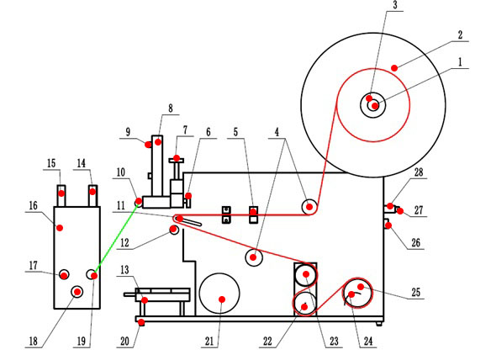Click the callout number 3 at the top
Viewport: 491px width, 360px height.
(395, 5)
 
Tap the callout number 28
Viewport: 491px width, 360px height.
(419, 172)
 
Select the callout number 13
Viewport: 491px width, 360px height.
(124, 270)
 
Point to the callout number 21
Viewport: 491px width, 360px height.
(209, 341)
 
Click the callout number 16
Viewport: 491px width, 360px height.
(33, 205)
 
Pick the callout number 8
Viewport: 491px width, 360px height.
(171, 109)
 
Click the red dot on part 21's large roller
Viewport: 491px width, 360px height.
(222, 299)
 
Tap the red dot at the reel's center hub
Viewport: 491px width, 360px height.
(375, 106)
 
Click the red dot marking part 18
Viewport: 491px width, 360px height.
(77, 293)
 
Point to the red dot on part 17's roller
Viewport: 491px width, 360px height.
(64, 275)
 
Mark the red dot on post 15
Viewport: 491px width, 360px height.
(61, 193)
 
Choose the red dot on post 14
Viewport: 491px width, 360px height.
(92, 192)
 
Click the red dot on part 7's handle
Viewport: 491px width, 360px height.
(177, 158)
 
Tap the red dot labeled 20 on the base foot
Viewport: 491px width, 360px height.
(141, 322)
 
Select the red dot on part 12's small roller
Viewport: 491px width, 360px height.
(173, 230)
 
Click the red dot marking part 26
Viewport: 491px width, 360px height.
(388, 225)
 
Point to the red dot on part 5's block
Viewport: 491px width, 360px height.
(253, 212)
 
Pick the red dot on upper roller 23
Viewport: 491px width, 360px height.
(306, 274)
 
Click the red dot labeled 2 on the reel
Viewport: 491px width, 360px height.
(394, 68)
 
